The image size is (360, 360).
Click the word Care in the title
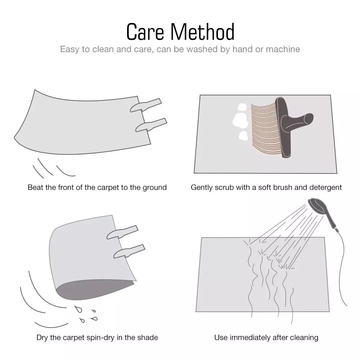pos(145,32)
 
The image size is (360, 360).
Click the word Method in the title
pos(202,32)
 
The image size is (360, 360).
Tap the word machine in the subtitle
pos(283,49)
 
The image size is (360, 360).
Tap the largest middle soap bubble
pos(240,120)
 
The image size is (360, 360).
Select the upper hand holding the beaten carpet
pos(146,105)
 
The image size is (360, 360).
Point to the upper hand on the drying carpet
pos(122,232)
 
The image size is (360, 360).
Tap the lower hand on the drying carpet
pos(129,251)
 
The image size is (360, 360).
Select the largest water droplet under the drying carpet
pos(78,309)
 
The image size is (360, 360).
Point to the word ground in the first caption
pos(154,188)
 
